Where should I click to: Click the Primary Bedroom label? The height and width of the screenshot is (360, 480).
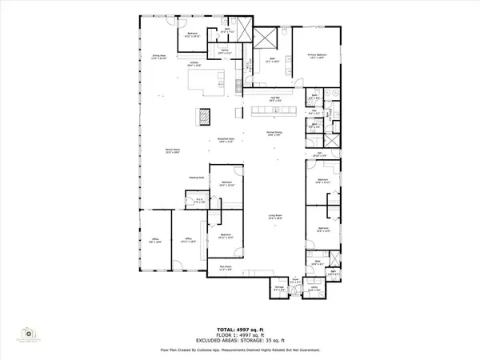[318, 57]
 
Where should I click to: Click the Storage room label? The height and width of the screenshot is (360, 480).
[279, 287]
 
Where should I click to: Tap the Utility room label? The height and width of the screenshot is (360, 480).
[314, 289]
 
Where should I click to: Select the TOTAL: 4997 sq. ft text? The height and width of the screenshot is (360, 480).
[239, 329]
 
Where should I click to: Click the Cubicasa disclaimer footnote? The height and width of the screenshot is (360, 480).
[239, 349]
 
